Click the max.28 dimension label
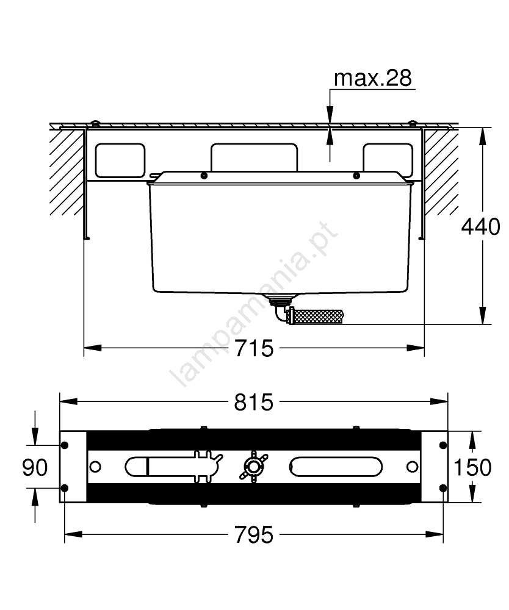372,78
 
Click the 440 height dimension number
480,226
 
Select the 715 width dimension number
254,348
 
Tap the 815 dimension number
254,402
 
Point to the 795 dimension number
254,534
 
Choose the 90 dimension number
35,467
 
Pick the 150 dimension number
473,467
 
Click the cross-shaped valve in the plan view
254,466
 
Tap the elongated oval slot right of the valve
336,466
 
